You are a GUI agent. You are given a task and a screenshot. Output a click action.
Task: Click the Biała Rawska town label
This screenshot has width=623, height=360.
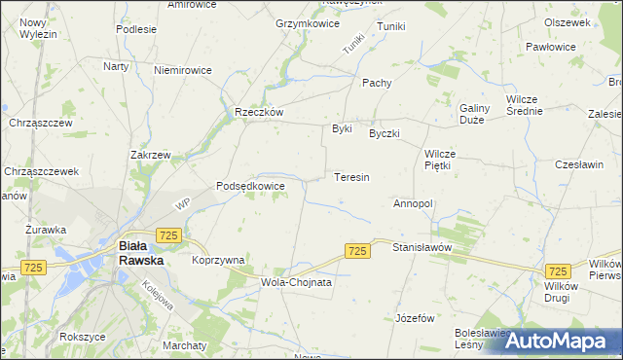pos(141,253)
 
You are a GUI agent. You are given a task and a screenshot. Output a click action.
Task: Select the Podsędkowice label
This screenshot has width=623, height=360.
pos(250,185)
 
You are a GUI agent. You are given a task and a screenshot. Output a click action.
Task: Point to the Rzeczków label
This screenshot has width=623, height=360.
pos(259,112)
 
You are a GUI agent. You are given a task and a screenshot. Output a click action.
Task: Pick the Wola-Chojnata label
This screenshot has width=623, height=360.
pos(297,282)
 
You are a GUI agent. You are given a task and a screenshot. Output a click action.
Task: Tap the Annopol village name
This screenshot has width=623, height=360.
pos(413,203)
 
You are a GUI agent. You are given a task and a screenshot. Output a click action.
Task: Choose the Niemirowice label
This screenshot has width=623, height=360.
pos(183,69)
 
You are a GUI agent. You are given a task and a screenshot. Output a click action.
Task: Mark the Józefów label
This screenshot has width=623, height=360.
pos(415,318)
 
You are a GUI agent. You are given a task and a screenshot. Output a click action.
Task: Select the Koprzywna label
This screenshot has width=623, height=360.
pos(218,260)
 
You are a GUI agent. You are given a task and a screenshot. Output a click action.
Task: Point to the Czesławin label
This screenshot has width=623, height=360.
pos(580,164)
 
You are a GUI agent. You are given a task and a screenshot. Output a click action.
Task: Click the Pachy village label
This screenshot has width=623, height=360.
pos(377,83)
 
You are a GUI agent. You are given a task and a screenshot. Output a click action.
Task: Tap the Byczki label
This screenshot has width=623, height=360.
pos(385,133)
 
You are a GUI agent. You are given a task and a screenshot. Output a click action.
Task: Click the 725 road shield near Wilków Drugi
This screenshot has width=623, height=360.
pos(559,271)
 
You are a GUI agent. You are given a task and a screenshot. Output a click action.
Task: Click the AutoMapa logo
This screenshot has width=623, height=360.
pos(560,340)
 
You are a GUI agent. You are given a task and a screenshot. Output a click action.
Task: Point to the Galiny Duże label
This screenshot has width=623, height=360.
pos(473,113)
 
